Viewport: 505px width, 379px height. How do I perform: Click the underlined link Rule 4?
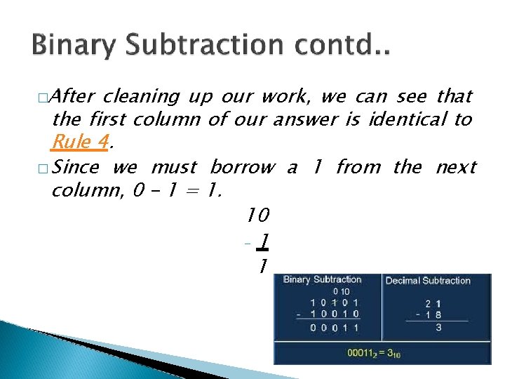pos(81,142)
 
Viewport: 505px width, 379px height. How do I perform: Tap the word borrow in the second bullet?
pos(243,167)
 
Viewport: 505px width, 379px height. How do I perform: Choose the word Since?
pos(75,167)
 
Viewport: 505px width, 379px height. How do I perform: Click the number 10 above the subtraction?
pos(259,213)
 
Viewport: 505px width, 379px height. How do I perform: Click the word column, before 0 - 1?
pos(88,191)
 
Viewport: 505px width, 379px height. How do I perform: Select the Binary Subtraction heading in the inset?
pos(323,279)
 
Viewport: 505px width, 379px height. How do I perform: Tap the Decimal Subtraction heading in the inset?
pos(428,280)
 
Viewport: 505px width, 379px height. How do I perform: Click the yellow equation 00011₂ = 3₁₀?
pos(374,353)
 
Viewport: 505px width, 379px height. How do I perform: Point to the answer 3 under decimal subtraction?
pos(438,327)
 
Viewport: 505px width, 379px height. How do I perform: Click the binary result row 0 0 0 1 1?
pos(335,327)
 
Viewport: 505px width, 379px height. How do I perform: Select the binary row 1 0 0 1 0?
pos(335,314)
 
